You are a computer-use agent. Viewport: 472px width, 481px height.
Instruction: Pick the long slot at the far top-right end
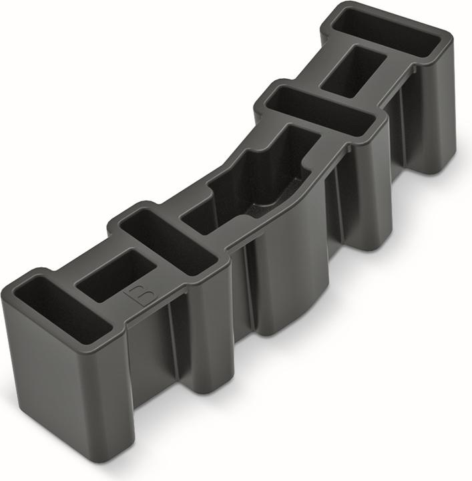pyautogui.click(x=387, y=33)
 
